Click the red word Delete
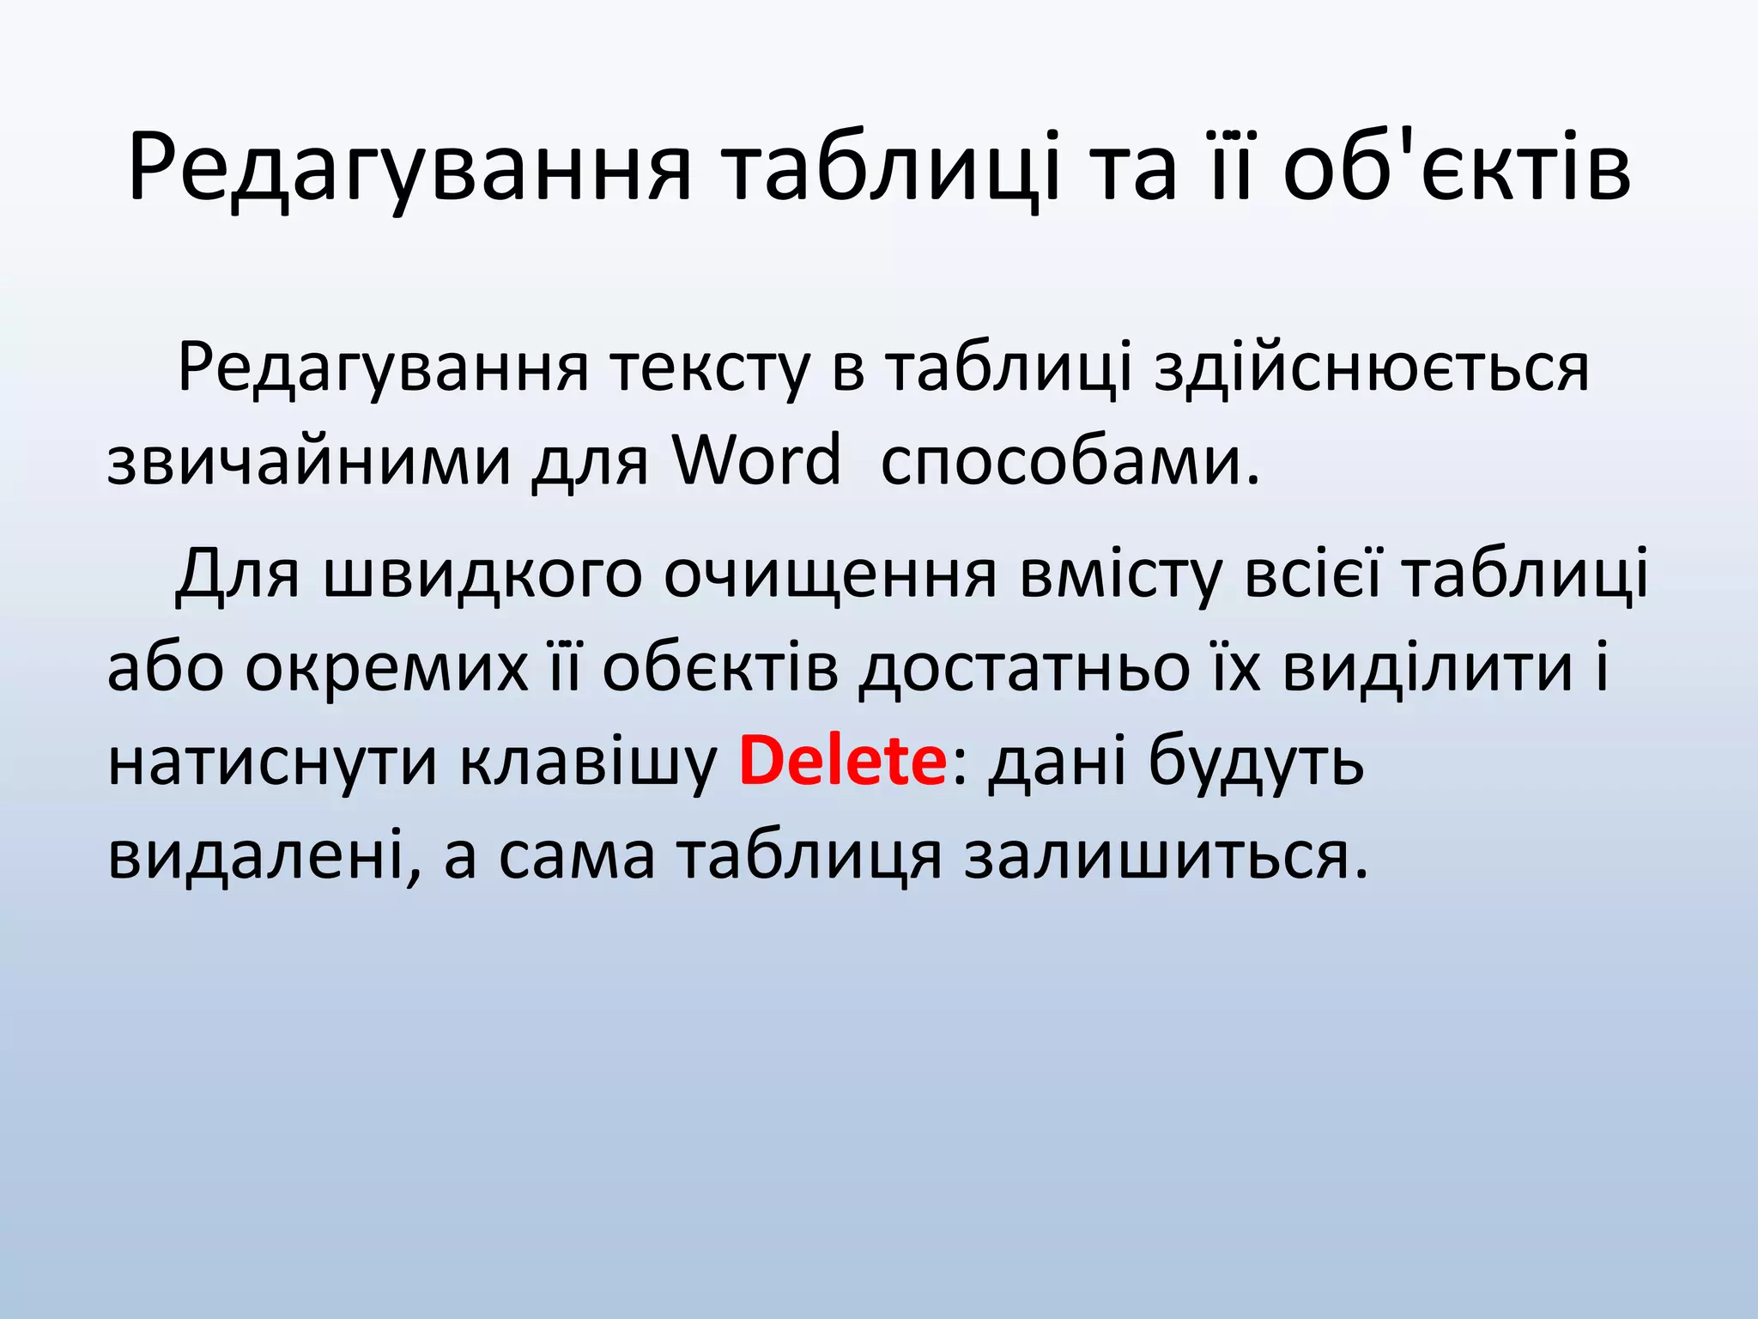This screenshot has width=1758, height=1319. click(x=842, y=761)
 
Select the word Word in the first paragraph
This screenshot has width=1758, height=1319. click(x=756, y=460)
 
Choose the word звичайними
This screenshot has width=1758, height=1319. click(x=308, y=460)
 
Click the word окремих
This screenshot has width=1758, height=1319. click(x=386, y=667)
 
